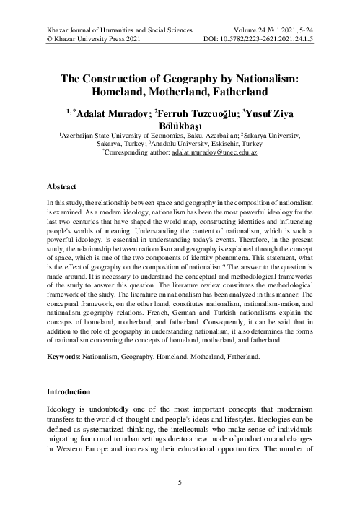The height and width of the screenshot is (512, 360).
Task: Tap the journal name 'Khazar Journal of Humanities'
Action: (87, 32)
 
